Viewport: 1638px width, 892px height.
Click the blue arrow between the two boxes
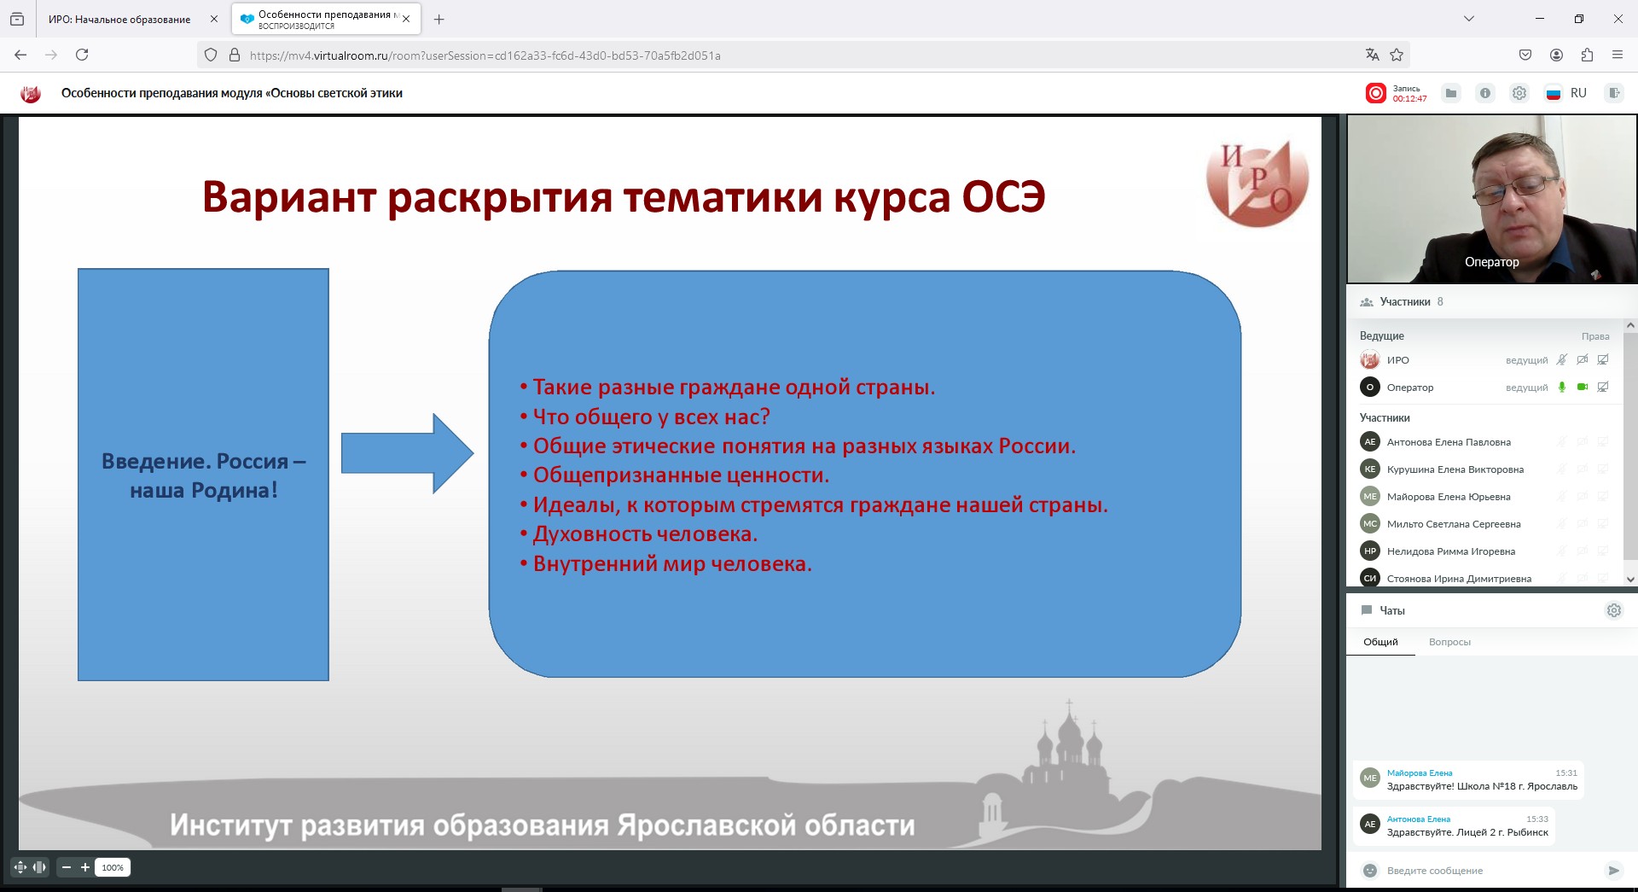point(408,453)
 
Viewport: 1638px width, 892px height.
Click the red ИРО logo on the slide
point(1258,184)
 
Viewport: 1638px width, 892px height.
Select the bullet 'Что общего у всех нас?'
point(651,417)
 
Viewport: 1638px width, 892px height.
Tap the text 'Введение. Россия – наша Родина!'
point(203,475)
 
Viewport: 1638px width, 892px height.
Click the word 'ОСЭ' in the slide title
point(1003,197)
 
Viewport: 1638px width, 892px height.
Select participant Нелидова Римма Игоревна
point(1450,551)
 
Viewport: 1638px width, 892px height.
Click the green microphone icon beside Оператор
point(1562,387)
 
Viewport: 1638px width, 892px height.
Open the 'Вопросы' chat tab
point(1449,642)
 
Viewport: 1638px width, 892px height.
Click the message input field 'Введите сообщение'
point(1484,871)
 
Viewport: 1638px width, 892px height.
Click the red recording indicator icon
point(1375,93)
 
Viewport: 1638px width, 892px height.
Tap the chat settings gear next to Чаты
point(1614,610)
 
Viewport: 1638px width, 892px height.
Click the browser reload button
point(82,55)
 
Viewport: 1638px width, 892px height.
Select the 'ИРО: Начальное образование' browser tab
point(119,19)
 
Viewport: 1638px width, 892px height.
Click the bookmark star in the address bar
point(1397,55)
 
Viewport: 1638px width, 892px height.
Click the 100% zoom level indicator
point(113,867)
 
